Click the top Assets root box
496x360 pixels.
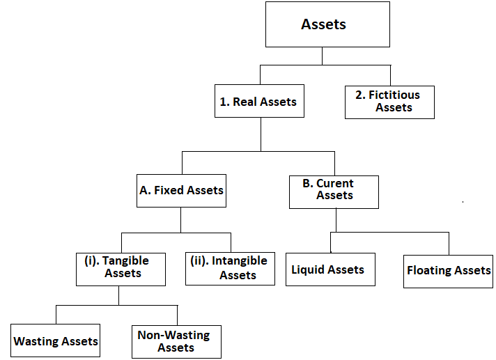point(323,25)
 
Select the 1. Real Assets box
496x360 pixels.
point(258,102)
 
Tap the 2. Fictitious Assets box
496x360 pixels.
point(389,102)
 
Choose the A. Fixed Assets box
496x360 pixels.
point(181,190)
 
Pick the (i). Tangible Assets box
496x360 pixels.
point(121,268)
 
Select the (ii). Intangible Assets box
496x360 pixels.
point(230,268)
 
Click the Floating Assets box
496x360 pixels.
point(449,270)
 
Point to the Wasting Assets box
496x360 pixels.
point(56,341)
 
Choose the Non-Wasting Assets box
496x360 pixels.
point(176,341)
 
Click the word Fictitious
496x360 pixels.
point(394,95)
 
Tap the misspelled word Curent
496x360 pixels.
point(335,184)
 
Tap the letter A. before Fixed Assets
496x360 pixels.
point(144,190)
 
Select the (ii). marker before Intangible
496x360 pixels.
point(199,261)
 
